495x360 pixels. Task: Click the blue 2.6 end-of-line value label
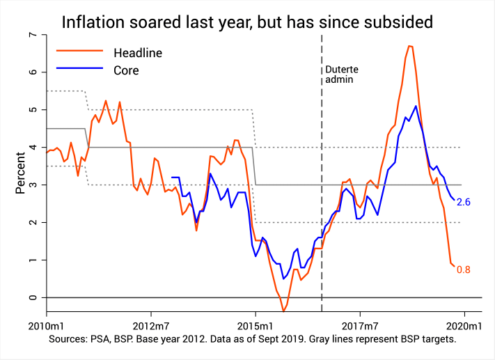(464, 202)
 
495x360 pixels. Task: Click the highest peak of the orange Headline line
(410, 46)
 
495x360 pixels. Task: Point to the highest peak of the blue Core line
(416, 106)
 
